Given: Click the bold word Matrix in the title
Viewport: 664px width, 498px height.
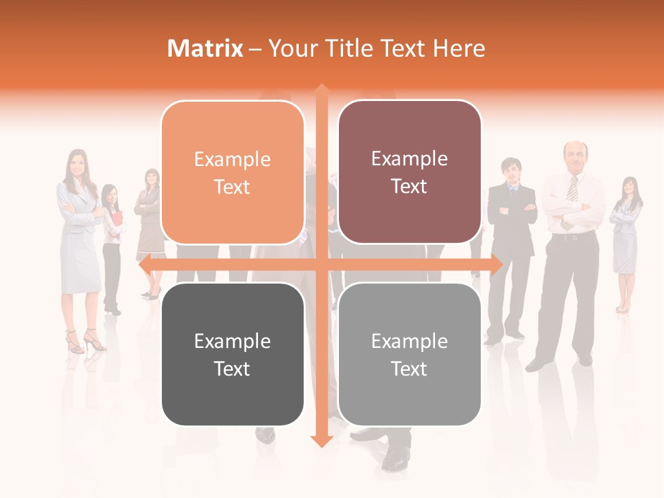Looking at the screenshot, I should pos(205,48).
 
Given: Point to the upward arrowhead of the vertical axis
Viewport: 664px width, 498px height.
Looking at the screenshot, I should pos(321,90).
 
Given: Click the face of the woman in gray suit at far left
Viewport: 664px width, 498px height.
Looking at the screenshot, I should pos(76,163).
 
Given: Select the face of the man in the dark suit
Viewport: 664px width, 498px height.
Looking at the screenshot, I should pos(511,170).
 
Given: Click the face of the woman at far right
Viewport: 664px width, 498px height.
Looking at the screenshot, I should pos(629,187).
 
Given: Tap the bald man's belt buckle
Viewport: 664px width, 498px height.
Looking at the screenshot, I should pos(571,237).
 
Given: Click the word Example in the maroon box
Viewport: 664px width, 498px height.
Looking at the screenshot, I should pos(409,159).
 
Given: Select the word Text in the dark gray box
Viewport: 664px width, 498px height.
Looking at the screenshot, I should pos(232,369).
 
